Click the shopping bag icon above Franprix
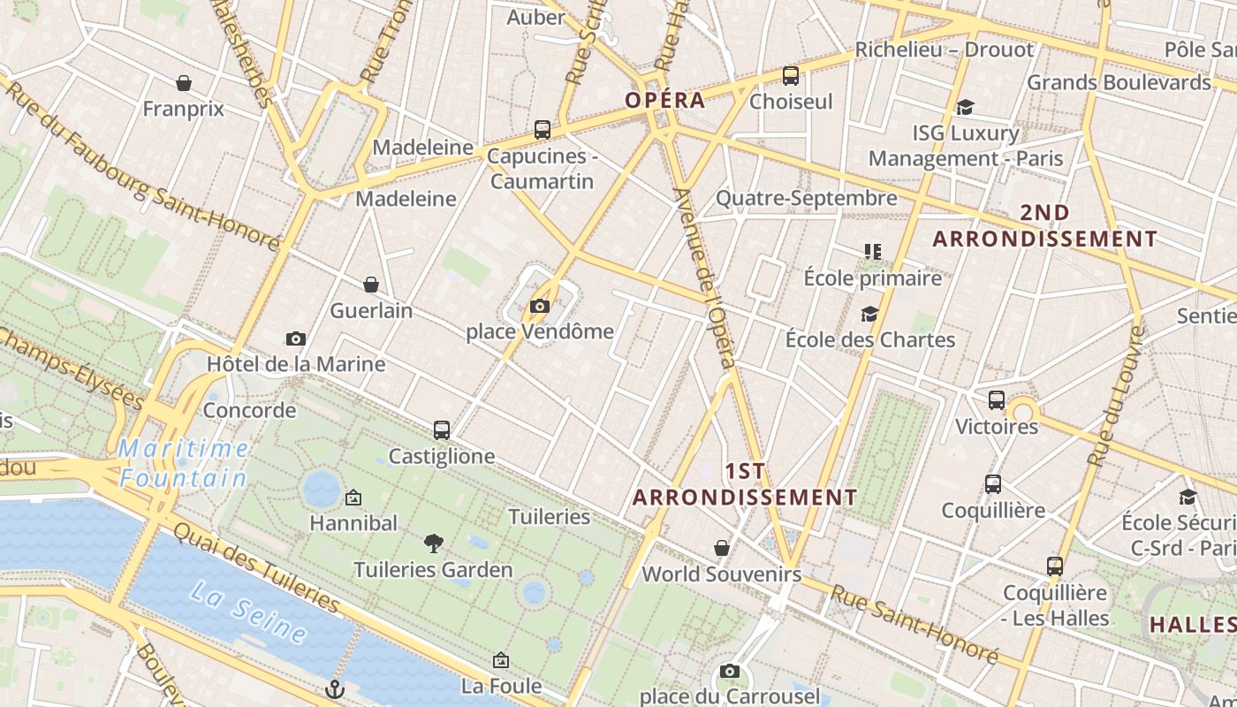pos(184,83)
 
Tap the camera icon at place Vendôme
pos(539,307)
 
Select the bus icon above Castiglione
pos(442,430)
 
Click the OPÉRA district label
pos(665,100)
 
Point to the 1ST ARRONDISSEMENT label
pos(745,484)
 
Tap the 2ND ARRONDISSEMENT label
pos(1044,226)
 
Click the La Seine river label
pos(248,612)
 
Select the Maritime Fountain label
pos(184,463)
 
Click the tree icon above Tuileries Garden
pos(433,543)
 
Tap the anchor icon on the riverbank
pos(334,689)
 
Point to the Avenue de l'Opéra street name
pos(704,277)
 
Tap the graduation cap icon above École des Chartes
pos(870,315)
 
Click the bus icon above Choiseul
pos(791,76)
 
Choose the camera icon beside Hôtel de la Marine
pos(296,338)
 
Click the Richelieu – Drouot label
pos(944,49)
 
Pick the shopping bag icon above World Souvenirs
pos(722,548)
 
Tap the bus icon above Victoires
pos(997,400)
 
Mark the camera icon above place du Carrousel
pos(729,671)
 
